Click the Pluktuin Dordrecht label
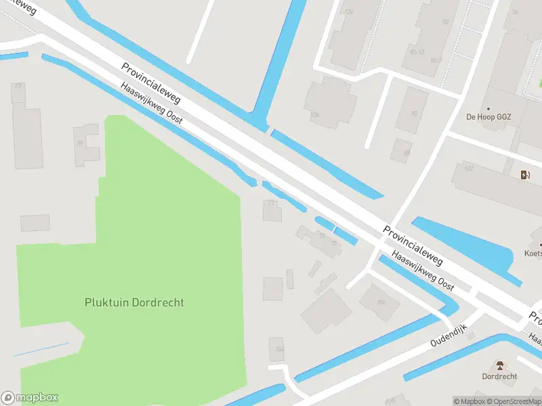(134, 302)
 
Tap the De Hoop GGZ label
(488, 116)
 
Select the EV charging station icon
(525, 175)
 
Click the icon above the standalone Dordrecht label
(500, 365)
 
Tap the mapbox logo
(30, 398)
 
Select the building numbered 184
(276, 348)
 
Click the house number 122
(469, 168)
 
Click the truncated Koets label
(533, 254)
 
